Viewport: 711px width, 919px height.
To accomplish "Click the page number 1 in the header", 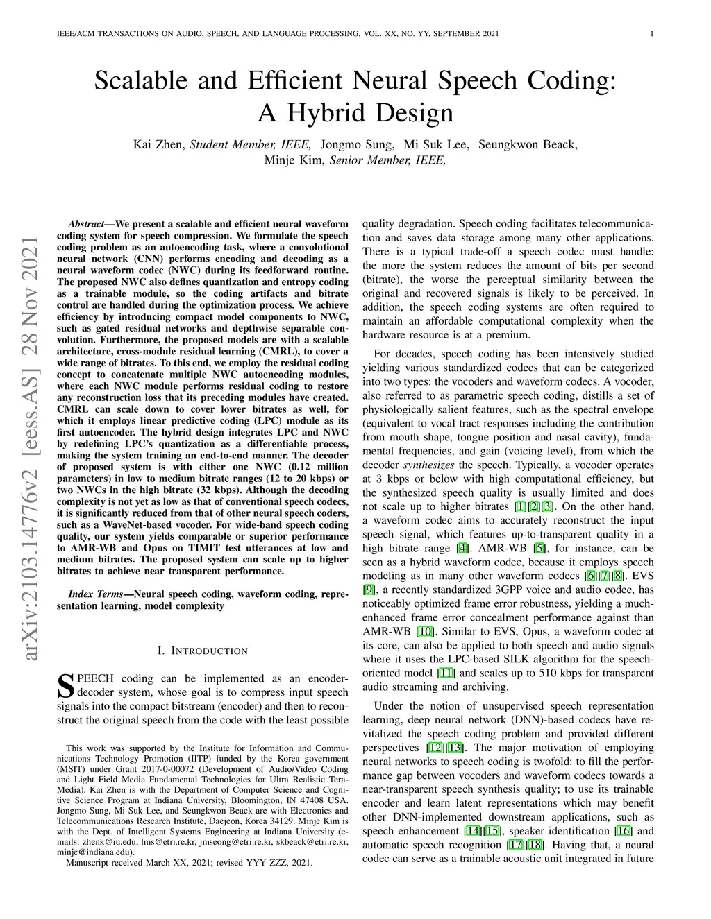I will point(653,34).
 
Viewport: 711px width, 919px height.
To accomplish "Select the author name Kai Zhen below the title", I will point(158,144).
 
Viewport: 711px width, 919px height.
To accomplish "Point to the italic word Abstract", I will point(87,224).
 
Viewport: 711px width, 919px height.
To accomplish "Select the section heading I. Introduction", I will point(202,651).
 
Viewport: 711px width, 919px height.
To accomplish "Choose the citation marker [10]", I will point(424,631).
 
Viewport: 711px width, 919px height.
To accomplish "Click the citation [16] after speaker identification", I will point(622,831).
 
